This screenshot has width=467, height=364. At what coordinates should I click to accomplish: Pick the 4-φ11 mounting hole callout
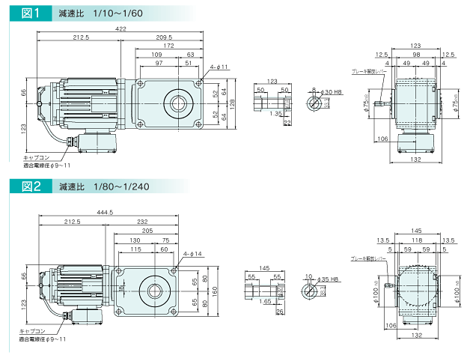(x=219, y=67)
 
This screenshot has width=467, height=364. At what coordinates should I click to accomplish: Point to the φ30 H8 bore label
(x=332, y=92)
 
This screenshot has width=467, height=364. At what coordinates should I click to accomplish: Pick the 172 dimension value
(x=169, y=46)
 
